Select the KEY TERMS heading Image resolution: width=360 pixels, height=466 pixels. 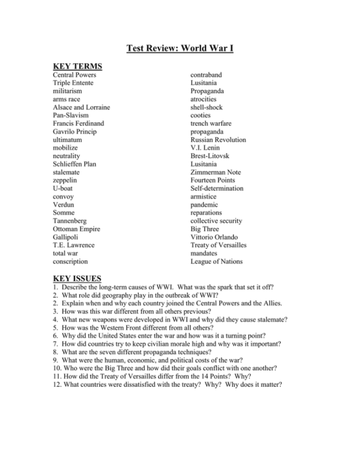click(x=78, y=66)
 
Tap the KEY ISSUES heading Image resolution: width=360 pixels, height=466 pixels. click(x=77, y=278)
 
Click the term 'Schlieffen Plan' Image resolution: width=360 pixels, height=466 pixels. click(x=74, y=164)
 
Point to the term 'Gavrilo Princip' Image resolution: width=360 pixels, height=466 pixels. click(x=75, y=132)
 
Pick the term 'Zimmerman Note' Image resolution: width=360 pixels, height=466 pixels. click(x=215, y=172)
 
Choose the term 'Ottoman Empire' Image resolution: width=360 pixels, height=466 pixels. click(x=76, y=229)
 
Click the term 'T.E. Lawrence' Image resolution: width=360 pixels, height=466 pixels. click(x=74, y=245)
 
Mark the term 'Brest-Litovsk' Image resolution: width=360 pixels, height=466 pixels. click(x=210, y=156)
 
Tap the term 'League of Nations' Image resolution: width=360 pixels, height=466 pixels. click(x=217, y=261)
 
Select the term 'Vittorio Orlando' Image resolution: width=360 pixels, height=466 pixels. click(x=214, y=237)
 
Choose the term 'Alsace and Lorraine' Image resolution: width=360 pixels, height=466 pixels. click(x=81, y=107)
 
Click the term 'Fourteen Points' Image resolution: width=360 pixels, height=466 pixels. click(x=213, y=181)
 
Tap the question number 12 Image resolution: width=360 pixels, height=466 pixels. click(x=57, y=384)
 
